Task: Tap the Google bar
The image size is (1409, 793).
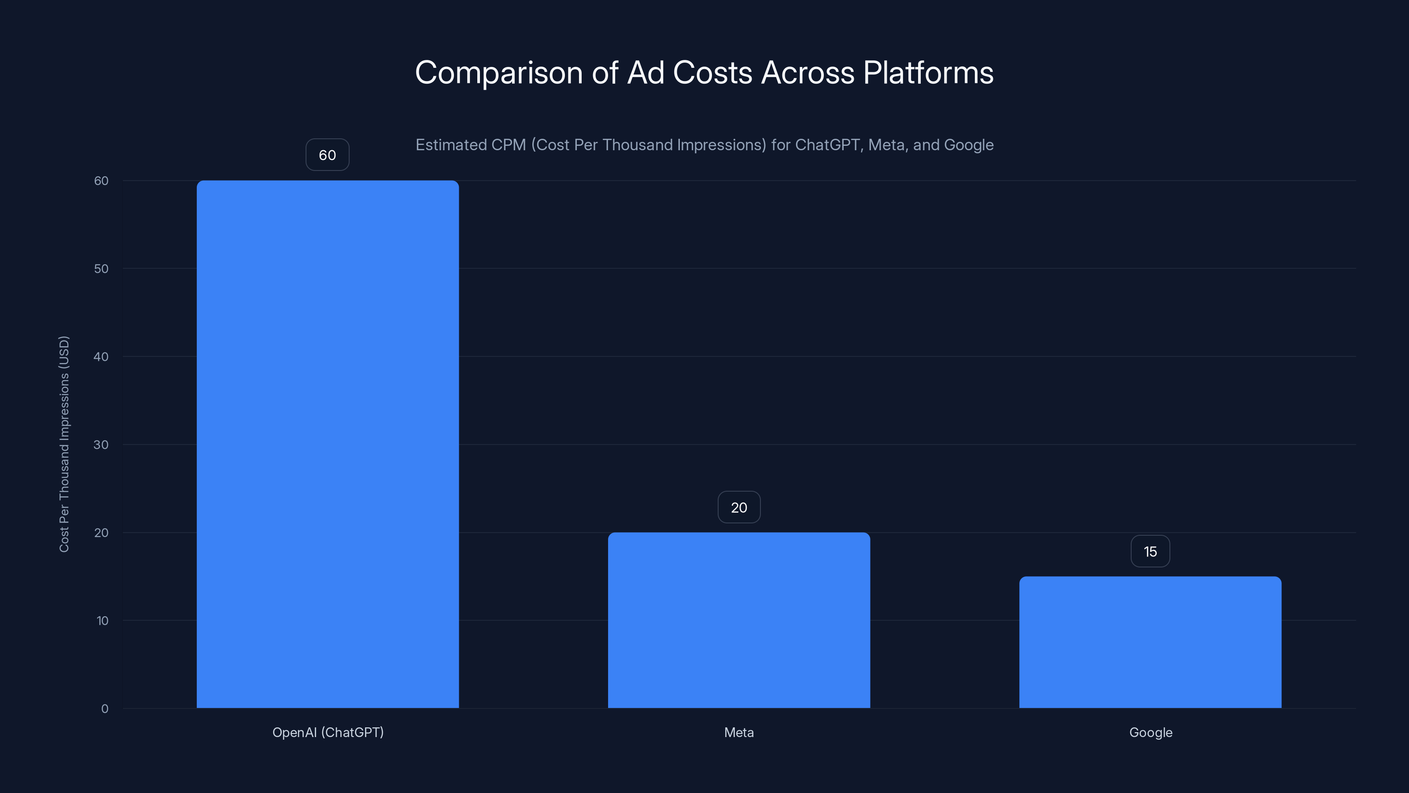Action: click(1150, 642)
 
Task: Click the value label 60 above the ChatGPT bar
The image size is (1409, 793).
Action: click(327, 155)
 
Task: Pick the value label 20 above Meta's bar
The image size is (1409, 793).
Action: click(738, 508)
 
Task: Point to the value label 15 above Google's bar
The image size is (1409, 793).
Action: click(1150, 552)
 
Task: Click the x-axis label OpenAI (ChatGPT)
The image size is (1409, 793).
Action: click(328, 732)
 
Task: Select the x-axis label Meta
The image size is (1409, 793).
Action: click(738, 732)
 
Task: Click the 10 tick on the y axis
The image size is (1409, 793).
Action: click(102, 621)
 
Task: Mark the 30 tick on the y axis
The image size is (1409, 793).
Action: click(101, 445)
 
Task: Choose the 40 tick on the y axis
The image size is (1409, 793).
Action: click(101, 357)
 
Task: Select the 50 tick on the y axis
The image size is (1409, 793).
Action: click(101, 269)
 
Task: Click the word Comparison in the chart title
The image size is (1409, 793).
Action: click(499, 73)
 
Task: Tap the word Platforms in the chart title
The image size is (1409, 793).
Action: click(928, 73)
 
